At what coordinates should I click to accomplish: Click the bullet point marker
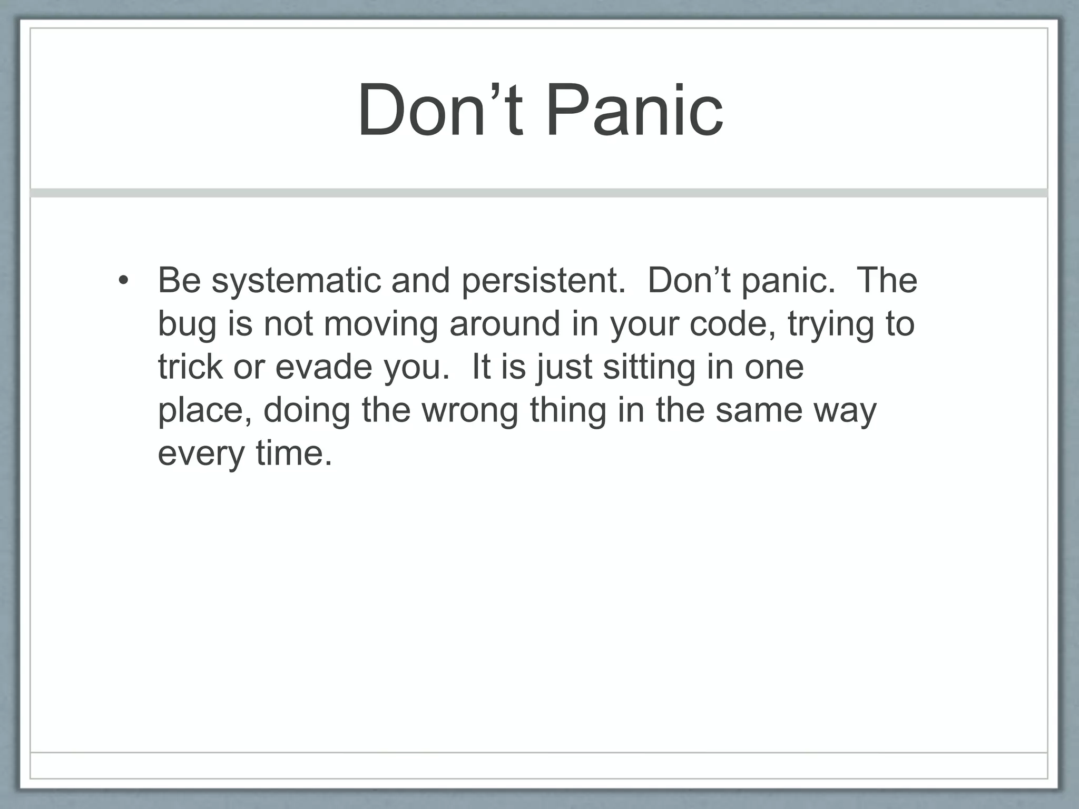123,280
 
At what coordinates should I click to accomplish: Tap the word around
505,323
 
